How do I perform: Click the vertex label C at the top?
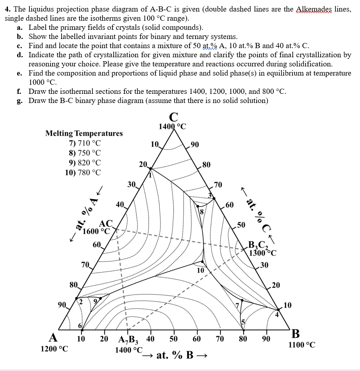[x=173, y=117]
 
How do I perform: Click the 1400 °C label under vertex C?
[x=172, y=127]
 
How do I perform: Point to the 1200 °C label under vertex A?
[x=54, y=349]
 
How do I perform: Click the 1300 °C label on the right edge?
[x=262, y=252]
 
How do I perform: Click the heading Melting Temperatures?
[x=84, y=133]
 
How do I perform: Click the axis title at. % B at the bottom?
[x=175, y=355]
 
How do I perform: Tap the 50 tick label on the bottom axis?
[x=174, y=339]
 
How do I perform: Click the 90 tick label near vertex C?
[x=195, y=144]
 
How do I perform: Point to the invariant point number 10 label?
[x=201, y=270]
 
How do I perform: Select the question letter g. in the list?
[x=20, y=100]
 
